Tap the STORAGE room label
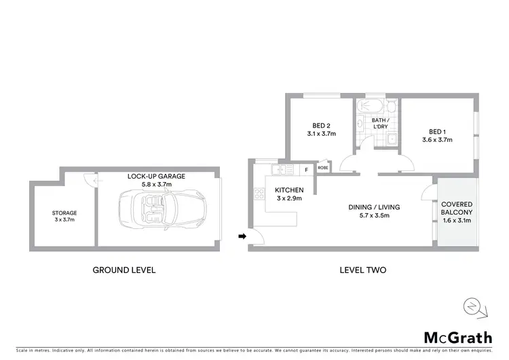(x=65, y=213)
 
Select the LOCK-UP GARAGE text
(x=156, y=176)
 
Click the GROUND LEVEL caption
(x=124, y=270)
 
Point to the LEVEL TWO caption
(x=362, y=270)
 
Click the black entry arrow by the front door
(x=241, y=236)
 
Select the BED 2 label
(x=321, y=125)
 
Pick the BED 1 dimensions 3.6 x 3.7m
(x=437, y=140)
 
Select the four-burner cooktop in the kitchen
(x=259, y=195)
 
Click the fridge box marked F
(x=306, y=169)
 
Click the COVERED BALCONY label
(x=456, y=208)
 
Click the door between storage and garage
(x=88, y=178)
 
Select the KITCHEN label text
(x=288, y=190)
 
